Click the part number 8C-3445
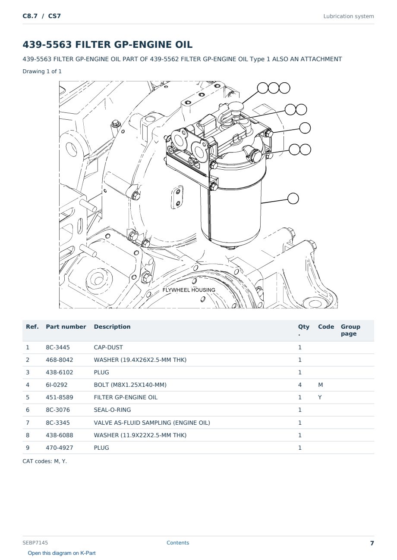[58, 347]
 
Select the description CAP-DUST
[108, 347]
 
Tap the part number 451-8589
[60, 397]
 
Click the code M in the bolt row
[320, 385]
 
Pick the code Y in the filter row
[320, 397]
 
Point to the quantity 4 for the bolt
[300, 385]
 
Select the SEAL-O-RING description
[112, 410]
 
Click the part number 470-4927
[60, 448]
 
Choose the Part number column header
[66, 327]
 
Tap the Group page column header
[350, 330]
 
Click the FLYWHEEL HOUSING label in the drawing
[189, 290]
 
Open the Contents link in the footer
[178, 543]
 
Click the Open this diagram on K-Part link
[62, 553]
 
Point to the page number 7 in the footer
[372, 543]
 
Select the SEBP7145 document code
[35, 543]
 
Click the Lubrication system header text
[349, 16]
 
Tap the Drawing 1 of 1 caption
[42, 71]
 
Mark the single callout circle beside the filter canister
[293, 199]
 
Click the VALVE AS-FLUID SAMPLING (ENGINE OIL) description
[152, 423]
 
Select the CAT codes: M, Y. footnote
[44, 461]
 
